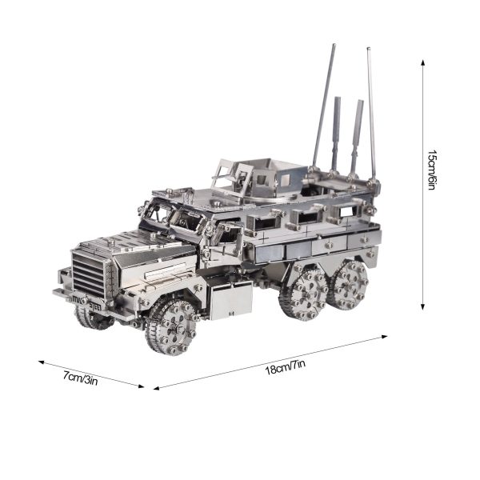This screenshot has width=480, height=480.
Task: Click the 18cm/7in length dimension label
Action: pyautogui.click(x=285, y=367)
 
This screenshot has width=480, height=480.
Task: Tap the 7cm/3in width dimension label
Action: pyautogui.click(x=81, y=378)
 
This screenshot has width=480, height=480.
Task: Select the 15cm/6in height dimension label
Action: pyautogui.click(x=432, y=170)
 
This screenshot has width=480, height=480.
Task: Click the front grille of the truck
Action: pyautogui.click(x=88, y=274)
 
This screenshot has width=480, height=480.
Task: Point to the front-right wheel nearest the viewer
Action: pyautogui.click(x=170, y=326)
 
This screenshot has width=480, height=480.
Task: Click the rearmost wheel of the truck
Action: pyautogui.click(x=348, y=284)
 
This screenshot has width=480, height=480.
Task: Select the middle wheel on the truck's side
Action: pyautogui.click(x=304, y=292)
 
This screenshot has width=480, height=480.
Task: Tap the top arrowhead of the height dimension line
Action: pyautogui.click(x=422, y=62)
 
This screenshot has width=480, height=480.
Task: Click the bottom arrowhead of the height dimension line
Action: pyautogui.click(x=422, y=307)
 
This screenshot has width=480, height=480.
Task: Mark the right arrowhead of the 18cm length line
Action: pyautogui.click(x=385, y=337)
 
